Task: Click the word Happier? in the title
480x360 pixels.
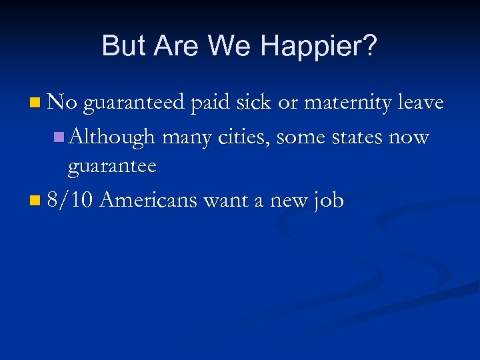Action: click(x=319, y=46)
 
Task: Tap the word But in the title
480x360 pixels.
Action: click(x=123, y=46)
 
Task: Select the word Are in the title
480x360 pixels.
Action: click(x=175, y=46)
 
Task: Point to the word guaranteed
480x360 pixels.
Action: click(x=134, y=103)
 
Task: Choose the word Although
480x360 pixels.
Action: click(x=112, y=137)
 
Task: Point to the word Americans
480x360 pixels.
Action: click(x=150, y=199)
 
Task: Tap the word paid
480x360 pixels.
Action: click(x=211, y=103)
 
